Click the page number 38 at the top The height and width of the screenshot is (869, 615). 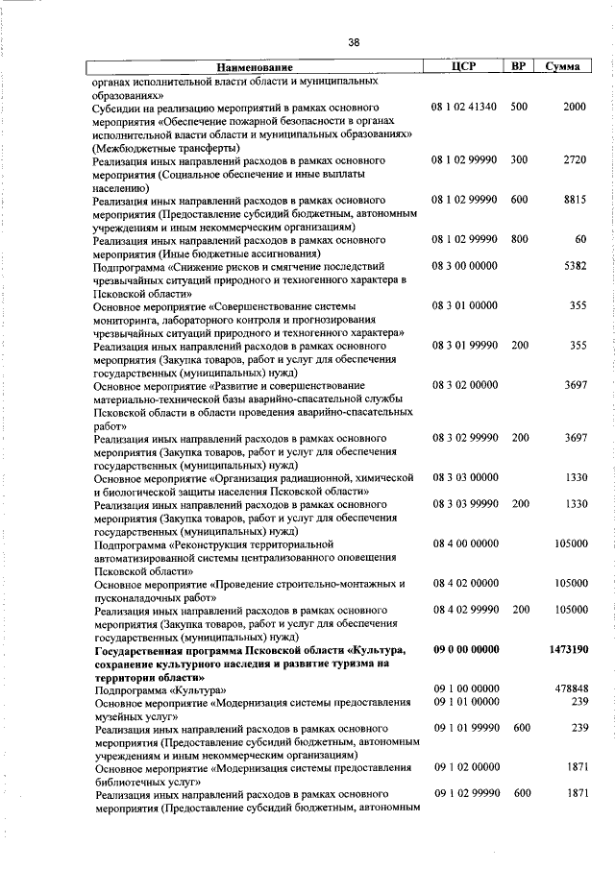(354, 42)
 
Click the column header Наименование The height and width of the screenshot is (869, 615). (255, 68)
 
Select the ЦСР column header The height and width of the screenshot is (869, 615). (465, 67)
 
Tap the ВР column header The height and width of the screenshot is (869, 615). (518, 67)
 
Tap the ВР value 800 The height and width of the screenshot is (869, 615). (519, 239)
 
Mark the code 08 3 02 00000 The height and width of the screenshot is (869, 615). (464, 385)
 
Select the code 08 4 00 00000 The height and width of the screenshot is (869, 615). (464, 543)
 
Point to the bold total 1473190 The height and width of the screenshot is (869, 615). (568, 650)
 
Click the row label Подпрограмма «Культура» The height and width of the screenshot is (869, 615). (160, 689)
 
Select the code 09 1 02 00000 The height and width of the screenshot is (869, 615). (464, 768)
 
